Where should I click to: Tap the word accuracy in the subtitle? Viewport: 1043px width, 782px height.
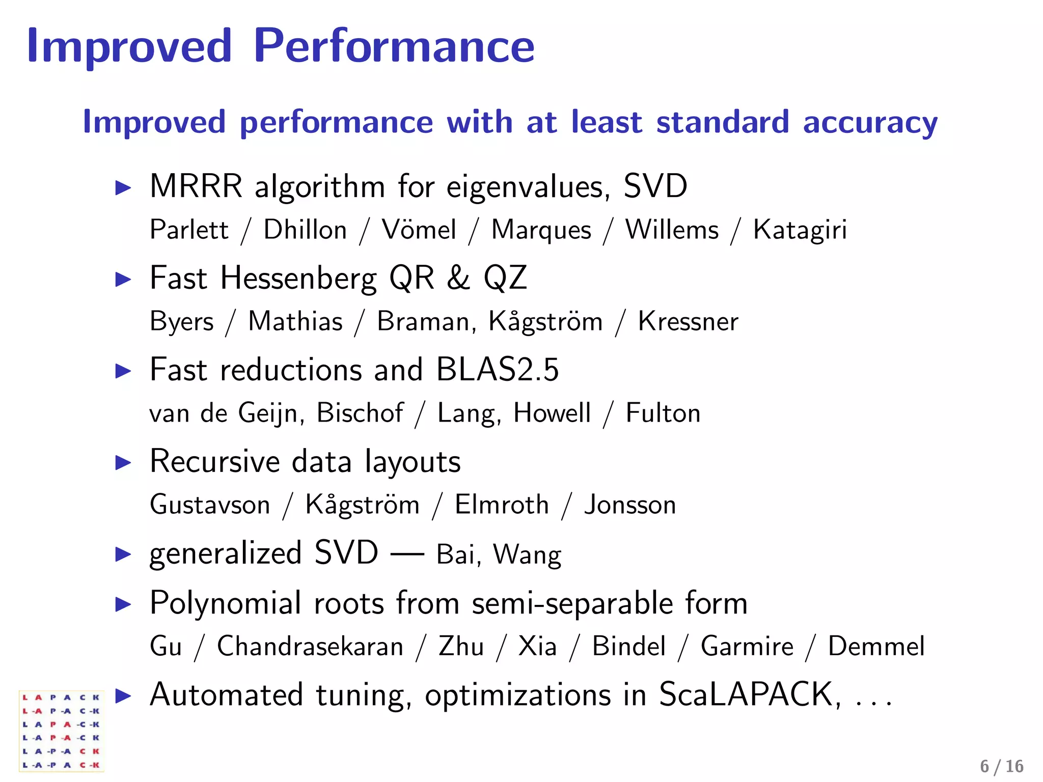[x=870, y=123]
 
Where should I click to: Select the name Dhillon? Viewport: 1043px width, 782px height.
[x=305, y=230]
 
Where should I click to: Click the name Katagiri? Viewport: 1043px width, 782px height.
[x=800, y=230]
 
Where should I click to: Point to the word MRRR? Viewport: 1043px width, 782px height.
[x=196, y=186]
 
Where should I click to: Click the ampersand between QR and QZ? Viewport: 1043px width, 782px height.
[x=458, y=278]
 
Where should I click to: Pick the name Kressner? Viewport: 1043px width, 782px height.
[x=688, y=322]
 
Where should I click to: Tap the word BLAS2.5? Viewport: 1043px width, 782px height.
[x=497, y=370]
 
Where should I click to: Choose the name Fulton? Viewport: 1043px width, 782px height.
[x=663, y=413]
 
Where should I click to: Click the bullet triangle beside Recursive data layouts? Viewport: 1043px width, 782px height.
[x=123, y=462]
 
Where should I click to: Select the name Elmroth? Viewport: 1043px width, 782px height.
[x=501, y=505]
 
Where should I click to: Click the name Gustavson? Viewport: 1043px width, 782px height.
[x=210, y=505]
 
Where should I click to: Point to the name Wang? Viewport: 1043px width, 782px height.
[x=527, y=555]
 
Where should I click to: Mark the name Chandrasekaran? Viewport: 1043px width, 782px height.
[x=310, y=647]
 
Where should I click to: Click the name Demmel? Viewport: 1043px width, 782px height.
[x=875, y=647]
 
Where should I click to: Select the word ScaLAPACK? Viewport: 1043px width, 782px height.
[x=749, y=694]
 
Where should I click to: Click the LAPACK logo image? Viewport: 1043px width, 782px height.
[x=61, y=731]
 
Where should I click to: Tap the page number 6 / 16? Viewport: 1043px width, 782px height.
[x=1001, y=766]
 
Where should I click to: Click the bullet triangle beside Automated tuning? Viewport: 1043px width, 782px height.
[x=123, y=695]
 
